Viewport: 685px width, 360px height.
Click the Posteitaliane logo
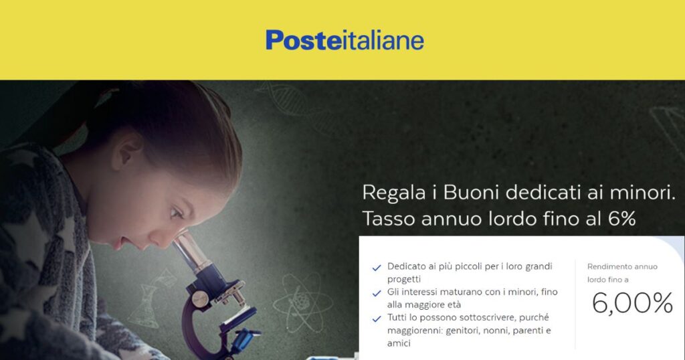tap(345, 40)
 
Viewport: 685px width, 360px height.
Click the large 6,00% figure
tap(633, 303)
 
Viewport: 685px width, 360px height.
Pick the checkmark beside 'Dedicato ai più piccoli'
tap(376, 268)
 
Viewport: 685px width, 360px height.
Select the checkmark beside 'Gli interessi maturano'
tap(376, 294)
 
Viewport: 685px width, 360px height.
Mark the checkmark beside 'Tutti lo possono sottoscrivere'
tap(376, 319)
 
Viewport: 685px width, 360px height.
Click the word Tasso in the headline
tap(389, 218)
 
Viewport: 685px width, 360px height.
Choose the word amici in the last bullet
tap(399, 343)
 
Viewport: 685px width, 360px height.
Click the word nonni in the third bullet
tap(494, 331)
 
